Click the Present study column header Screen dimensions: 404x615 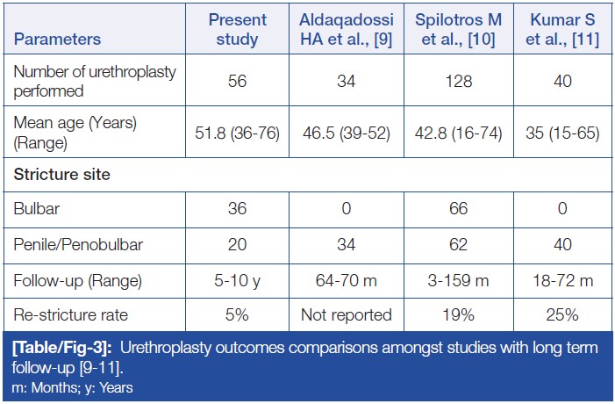pyautogui.click(x=234, y=30)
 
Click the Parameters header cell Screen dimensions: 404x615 pyautogui.click(x=57, y=40)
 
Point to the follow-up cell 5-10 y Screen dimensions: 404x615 pyautogui.click(x=234, y=282)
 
